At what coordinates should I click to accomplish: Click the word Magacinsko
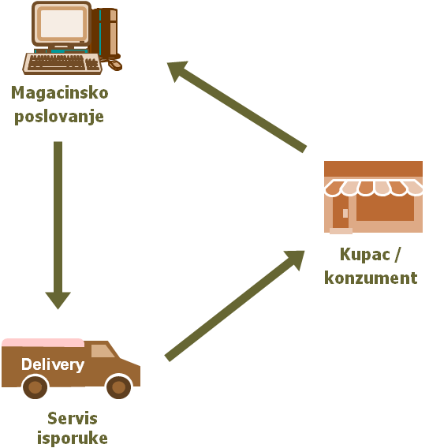[60, 93]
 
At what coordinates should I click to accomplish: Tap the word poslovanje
[59, 117]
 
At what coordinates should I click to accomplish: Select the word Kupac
[365, 254]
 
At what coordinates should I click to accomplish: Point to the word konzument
[371, 278]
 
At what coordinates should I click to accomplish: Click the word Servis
[73, 419]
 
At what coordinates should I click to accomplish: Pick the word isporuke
[73, 439]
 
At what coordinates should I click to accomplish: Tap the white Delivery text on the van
[53, 365]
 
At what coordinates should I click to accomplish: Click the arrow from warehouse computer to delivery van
[58, 225]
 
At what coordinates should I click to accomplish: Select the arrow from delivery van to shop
[235, 306]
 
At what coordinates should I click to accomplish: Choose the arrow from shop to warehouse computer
[237, 106]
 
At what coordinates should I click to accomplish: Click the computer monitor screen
[62, 24]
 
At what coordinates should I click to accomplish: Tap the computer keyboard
[62, 63]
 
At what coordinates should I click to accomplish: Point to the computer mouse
[115, 65]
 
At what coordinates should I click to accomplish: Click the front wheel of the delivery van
[119, 387]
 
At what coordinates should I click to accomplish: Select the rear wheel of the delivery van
[35, 387]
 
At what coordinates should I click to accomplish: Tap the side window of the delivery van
[103, 351]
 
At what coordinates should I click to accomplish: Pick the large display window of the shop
[385, 208]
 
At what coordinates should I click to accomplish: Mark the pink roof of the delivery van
[43, 342]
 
